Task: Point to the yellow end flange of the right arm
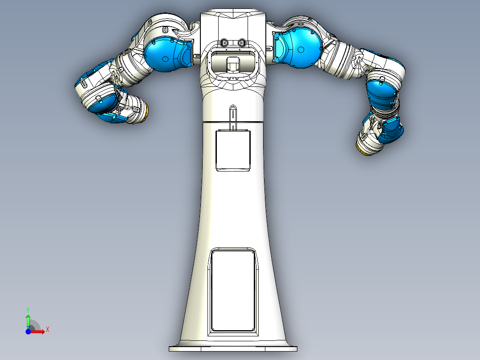point(364,149)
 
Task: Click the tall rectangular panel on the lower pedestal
point(233,290)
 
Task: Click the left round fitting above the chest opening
point(224,43)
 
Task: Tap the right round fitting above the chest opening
point(242,43)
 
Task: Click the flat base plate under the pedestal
point(233,348)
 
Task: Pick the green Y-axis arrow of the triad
point(28,320)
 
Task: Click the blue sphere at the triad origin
point(28,331)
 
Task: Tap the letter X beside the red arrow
point(47,330)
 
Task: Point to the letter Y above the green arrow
point(28,309)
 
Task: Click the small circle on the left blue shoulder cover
point(165,59)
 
